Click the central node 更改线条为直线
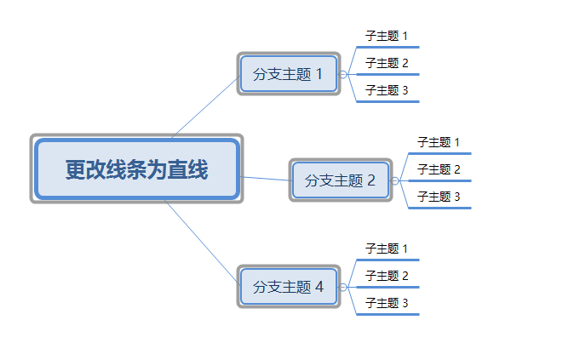(x=137, y=169)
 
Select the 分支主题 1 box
(x=289, y=74)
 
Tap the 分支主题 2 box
(x=340, y=180)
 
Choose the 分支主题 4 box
(x=289, y=287)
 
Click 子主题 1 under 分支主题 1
(x=387, y=36)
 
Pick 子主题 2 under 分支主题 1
(x=387, y=63)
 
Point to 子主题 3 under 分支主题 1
(x=387, y=90)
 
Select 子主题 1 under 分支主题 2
(x=439, y=142)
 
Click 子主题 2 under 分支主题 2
(x=439, y=169)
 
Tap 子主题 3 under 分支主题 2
(x=439, y=197)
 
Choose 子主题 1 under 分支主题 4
(x=387, y=249)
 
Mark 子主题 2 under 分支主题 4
(x=387, y=276)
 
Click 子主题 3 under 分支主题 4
(x=387, y=303)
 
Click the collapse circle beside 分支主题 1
(x=343, y=75)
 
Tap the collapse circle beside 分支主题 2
(x=394, y=181)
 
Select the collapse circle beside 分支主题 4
(x=343, y=288)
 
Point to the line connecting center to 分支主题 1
(x=205, y=107)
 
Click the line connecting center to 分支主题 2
(x=266, y=179)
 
